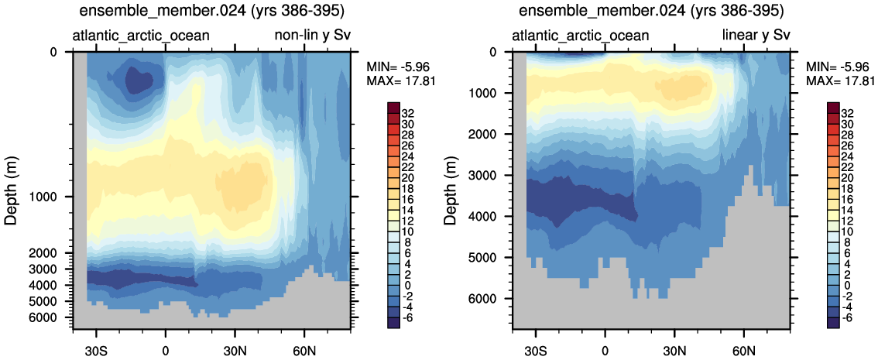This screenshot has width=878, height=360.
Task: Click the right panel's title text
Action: (652, 12)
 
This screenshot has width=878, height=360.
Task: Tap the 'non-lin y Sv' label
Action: (312, 36)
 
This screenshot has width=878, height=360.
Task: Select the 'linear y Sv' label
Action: (756, 36)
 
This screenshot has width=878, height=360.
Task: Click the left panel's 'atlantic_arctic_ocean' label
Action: (142, 36)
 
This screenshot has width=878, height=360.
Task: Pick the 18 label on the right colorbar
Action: (853, 187)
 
